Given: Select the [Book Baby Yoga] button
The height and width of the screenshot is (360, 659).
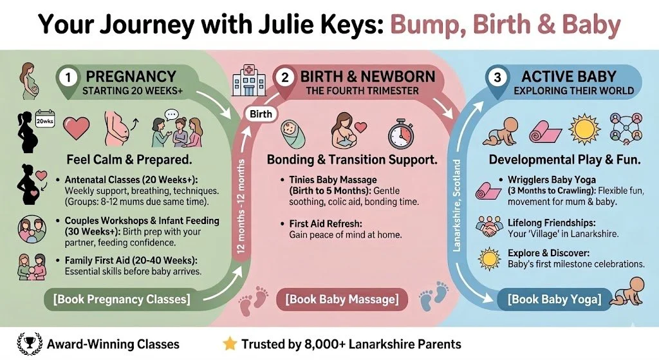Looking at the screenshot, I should [554, 299].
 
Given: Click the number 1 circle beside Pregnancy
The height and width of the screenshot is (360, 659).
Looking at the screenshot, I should [68, 77].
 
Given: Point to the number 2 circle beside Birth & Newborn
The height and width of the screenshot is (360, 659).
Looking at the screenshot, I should [284, 77].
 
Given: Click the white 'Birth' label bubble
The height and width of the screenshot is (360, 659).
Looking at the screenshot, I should [259, 115].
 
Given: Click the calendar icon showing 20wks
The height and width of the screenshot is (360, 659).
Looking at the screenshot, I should [44, 120].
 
